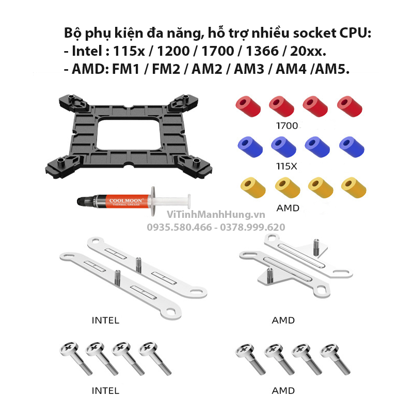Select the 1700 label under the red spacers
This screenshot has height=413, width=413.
(287, 126)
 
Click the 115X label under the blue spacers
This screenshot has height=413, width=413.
(287, 166)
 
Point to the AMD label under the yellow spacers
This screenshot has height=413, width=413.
(288, 208)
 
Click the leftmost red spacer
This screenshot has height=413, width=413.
(248, 106)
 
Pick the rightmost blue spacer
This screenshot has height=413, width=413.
(352, 147)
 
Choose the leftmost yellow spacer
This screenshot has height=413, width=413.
(253, 187)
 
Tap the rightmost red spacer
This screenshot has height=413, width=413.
(350, 106)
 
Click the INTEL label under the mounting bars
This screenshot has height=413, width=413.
(105, 320)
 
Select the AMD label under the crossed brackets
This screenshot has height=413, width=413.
(283, 320)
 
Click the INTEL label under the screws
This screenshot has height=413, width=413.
(105, 391)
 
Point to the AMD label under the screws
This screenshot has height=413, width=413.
(283, 391)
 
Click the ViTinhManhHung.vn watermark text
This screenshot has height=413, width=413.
(216, 215)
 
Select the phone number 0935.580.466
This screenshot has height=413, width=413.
(179, 227)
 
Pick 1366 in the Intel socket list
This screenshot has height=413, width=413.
(262, 51)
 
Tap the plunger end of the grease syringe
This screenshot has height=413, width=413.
(189, 201)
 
